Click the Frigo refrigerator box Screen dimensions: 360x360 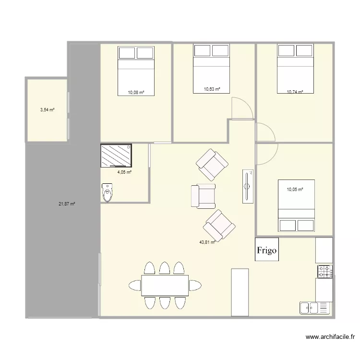click(x=266, y=250)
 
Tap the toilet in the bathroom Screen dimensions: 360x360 click(x=108, y=193)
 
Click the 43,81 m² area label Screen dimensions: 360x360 click(x=207, y=242)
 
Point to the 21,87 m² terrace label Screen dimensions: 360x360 click(x=67, y=204)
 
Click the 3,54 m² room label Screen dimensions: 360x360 click(x=47, y=110)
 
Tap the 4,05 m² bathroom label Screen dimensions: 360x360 click(x=124, y=172)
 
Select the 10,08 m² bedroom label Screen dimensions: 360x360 click(x=135, y=92)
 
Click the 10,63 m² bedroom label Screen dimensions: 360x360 click(x=212, y=89)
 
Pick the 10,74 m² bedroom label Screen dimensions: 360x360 click(x=295, y=91)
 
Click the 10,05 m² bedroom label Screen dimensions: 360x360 click(x=295, y=190)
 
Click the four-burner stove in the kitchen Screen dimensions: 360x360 click(x=324, y=272)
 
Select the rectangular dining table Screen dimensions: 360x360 click(x=165, y=286)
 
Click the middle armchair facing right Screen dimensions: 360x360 click(x=204, y=196)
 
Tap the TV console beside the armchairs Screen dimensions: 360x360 click(x=248, y=186)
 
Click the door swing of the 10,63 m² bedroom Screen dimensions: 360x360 click(x=241, y=108)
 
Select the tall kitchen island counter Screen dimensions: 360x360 click(x=240, y=292)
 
